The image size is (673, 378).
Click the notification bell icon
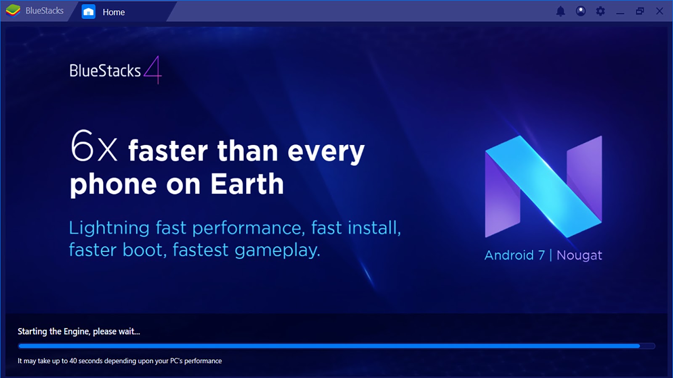pos(561,11)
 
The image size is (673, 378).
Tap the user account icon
pos(581,11)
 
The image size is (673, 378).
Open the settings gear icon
pos(600,11)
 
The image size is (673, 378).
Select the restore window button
pos(640,11)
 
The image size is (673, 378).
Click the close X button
pos(660,11)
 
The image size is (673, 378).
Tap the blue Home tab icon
pos(88,12)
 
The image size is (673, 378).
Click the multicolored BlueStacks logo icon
pos(13,11)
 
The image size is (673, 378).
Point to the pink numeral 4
pos(153,70)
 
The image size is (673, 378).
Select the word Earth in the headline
pos(247,184)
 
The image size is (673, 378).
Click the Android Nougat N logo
pos(543,186)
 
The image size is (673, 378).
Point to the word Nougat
pos(579,256)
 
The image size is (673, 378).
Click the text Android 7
pos(515,255)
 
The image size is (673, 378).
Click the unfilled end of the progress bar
pos(647,346)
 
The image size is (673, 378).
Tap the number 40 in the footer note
pos(73,361)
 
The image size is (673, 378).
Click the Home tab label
pos(114,12)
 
